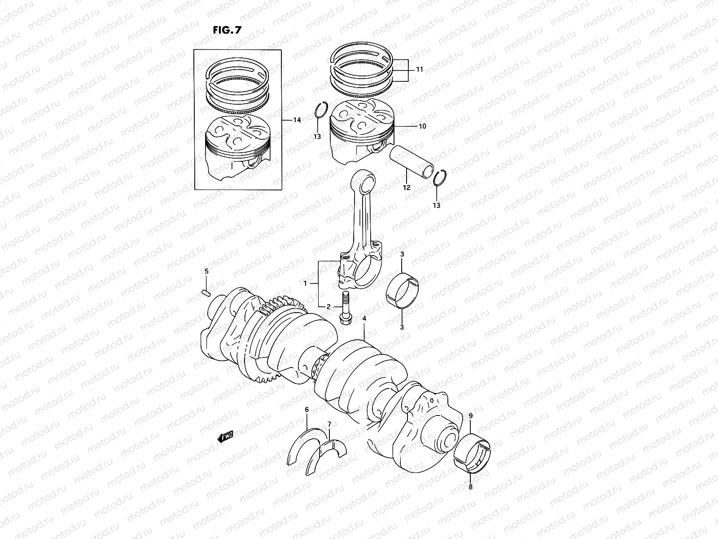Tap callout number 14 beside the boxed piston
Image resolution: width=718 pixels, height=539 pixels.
pos(297,120)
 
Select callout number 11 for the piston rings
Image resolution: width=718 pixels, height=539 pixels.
pos(419,70)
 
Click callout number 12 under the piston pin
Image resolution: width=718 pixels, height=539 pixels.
pos(407,188)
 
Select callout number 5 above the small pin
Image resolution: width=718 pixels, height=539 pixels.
pos(207,271)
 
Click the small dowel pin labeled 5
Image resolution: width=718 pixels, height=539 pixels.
pos(207,294)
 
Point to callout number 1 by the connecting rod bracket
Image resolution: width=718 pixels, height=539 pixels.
pos(305,283)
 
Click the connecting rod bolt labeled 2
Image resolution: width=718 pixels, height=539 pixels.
pos(346,308)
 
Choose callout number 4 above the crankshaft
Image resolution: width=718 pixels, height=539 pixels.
pos(364,318)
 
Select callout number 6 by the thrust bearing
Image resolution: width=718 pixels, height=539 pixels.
pos(307,410)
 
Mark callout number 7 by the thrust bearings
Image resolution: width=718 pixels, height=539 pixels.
pos(329,424)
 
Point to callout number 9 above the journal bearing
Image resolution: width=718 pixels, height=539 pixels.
pos(471,416)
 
